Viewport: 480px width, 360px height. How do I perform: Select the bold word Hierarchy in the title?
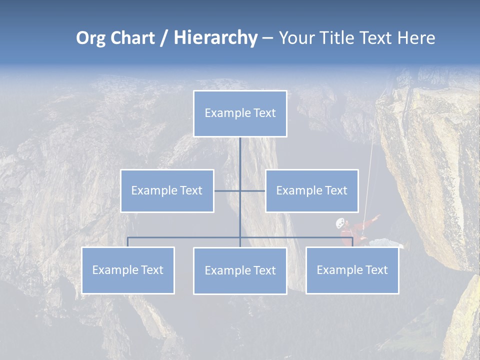pos(215,38)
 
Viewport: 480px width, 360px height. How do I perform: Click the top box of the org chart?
pos(240,113)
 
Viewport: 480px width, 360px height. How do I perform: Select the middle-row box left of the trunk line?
pos(167,190)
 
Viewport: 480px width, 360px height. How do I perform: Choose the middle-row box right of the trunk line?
pos(311,190)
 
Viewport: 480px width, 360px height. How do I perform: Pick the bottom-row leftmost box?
pos(128,270)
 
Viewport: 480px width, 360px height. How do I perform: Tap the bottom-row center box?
pos(240,270)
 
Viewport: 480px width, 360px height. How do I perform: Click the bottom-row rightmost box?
pos(352,270)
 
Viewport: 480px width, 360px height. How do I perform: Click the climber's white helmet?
pos(340,222)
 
